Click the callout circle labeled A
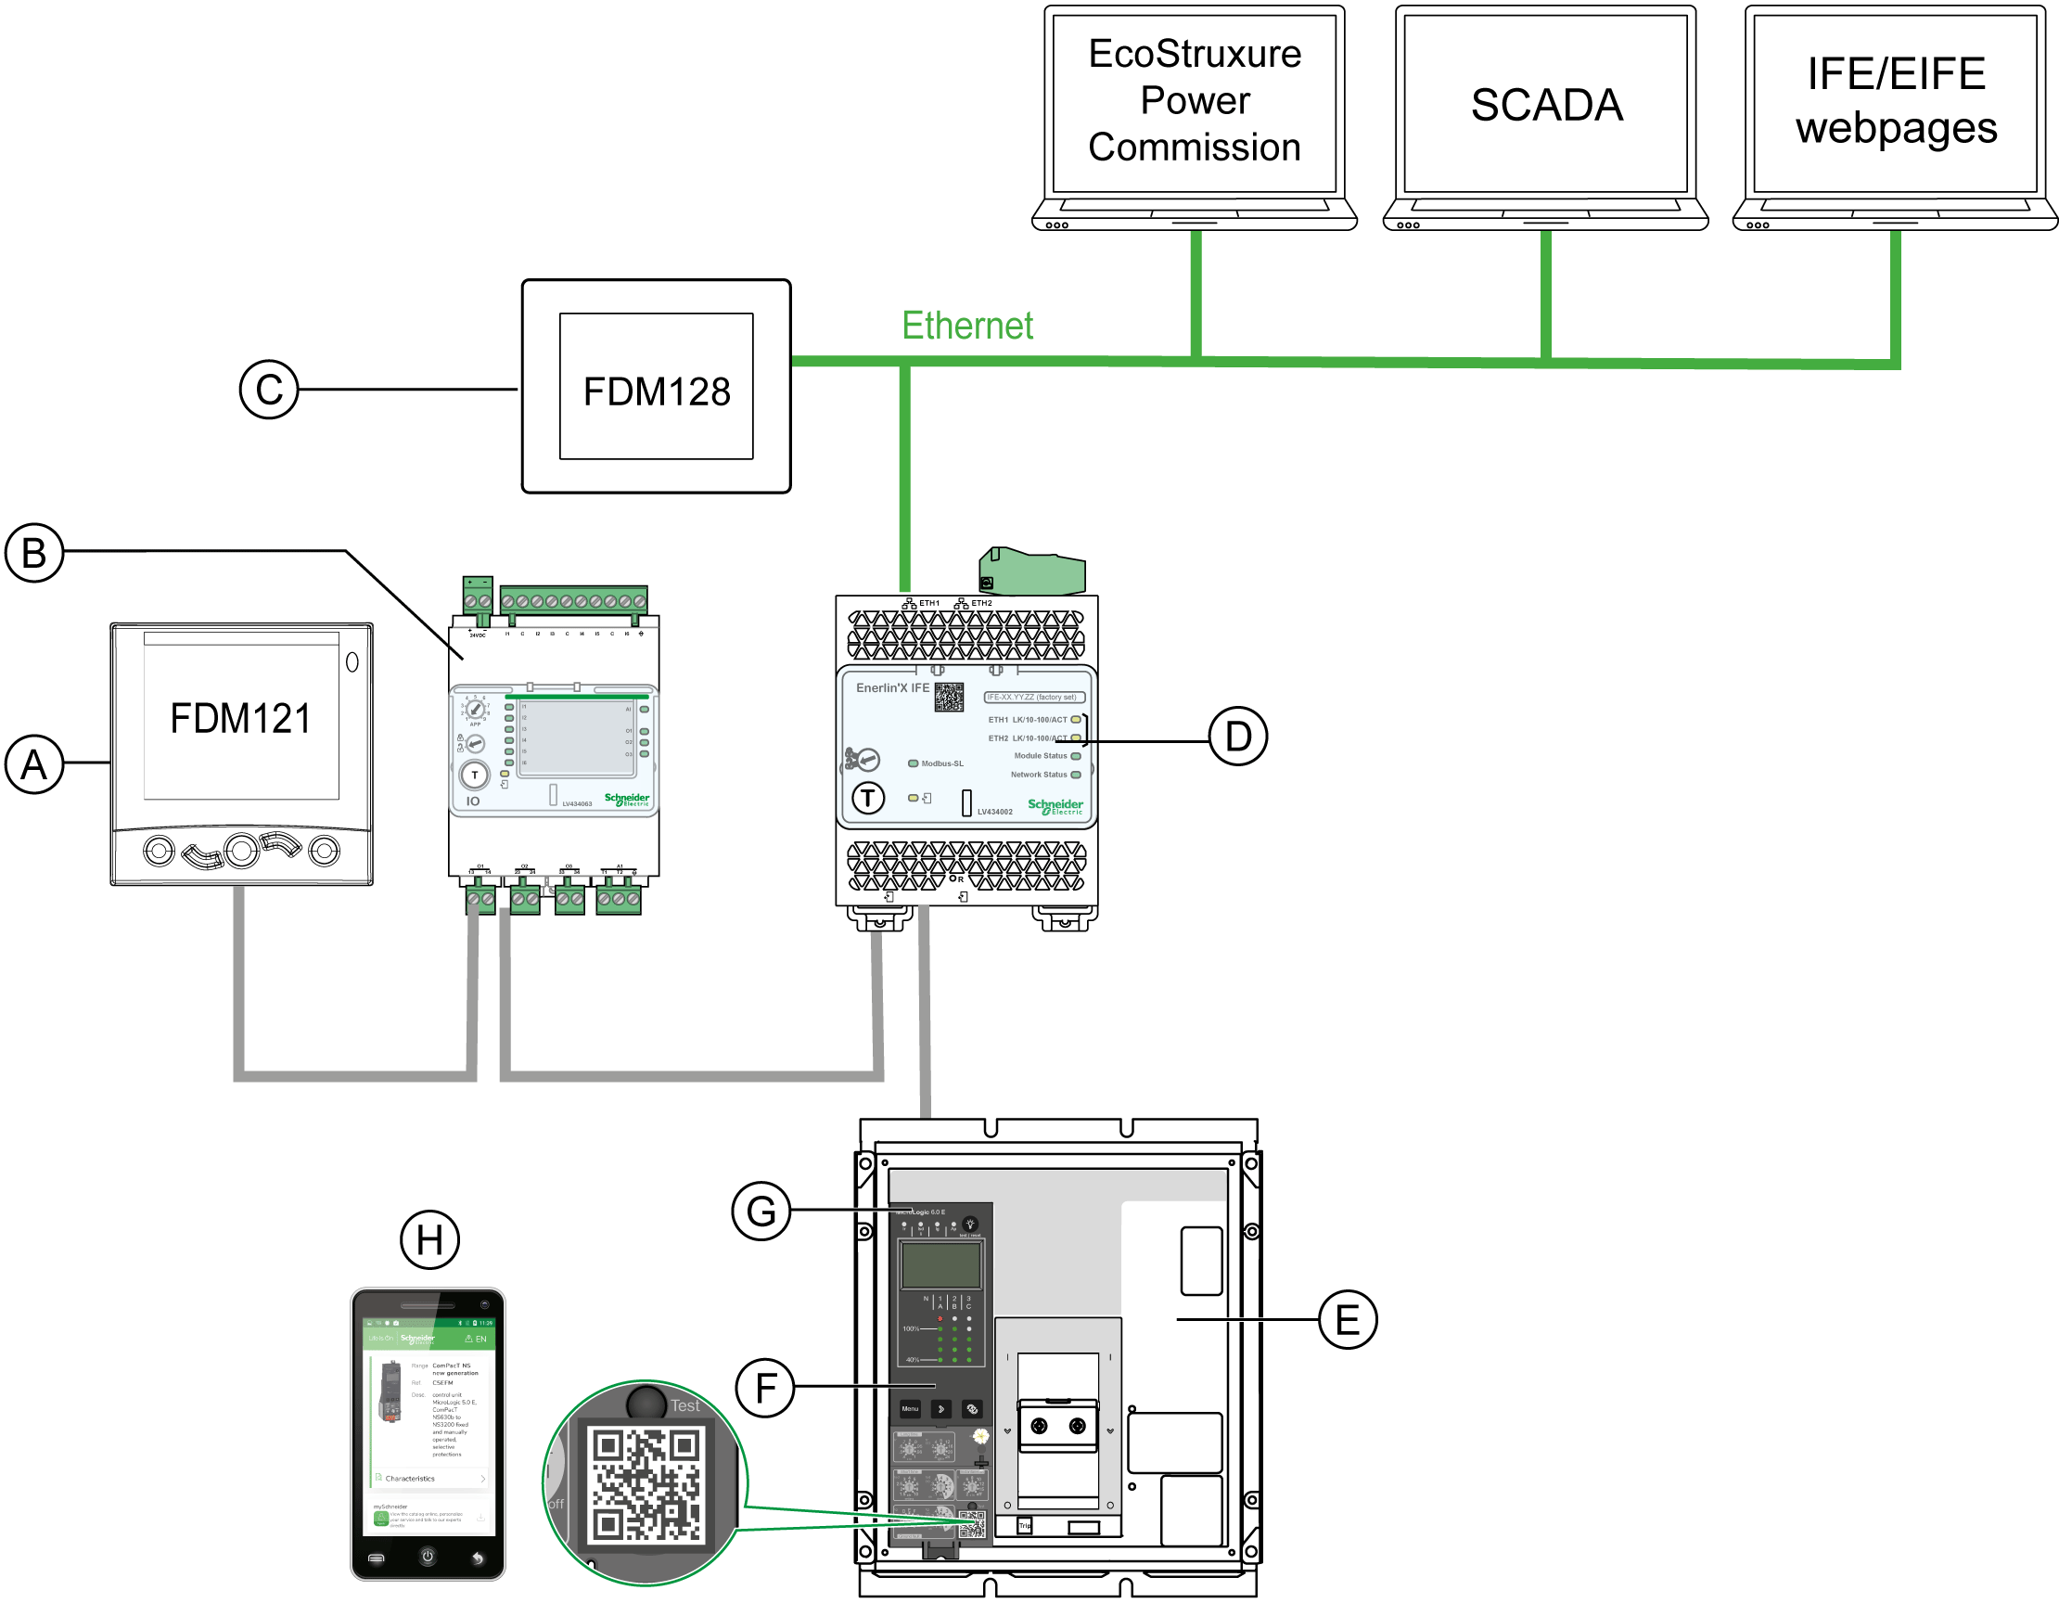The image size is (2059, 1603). coord(34,763)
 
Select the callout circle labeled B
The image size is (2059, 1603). coord(34,553)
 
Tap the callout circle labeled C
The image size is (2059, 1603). coord(269,389)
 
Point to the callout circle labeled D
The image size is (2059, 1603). coord(1238,737)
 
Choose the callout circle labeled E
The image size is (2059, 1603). coord(1348,1319)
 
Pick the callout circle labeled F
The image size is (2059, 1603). coord(765,1387)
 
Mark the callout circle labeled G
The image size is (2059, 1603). coord(761,1211)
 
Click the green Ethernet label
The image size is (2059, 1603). coord(967,326)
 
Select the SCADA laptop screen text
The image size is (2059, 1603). coord(1546,105)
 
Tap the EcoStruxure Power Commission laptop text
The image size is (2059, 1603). coord(1195,100)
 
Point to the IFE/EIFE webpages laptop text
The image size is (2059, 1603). coord(1896,101)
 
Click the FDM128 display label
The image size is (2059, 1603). coord(656,391)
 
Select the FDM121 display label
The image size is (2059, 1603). coord(240,719)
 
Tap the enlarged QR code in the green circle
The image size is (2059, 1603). coord(646,1484)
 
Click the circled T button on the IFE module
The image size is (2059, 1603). coord(868,798)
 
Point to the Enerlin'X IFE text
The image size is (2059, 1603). coord(892,688)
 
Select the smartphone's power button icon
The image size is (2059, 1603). coord(427,1557)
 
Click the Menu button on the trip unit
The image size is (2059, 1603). coord(910,1409)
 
